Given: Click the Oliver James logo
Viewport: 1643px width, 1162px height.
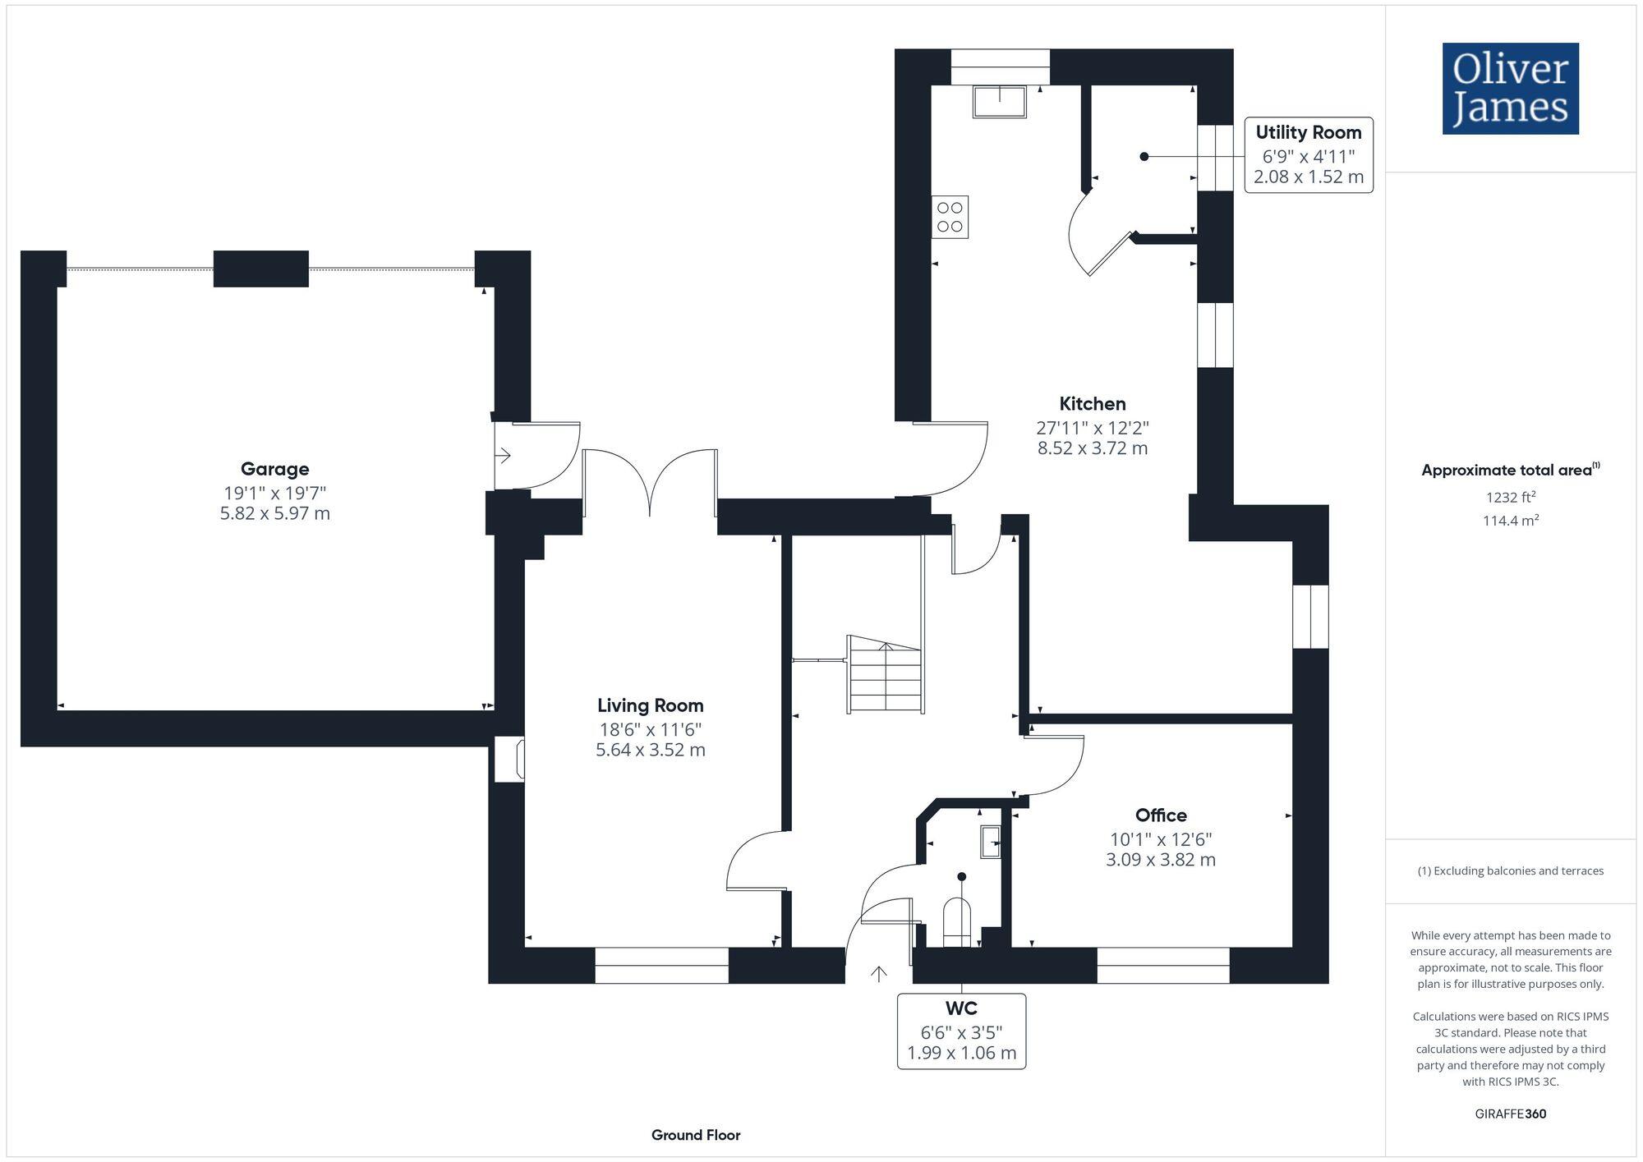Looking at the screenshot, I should coord(1510,89).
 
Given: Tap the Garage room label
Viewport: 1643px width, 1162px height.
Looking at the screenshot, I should coord(274,469).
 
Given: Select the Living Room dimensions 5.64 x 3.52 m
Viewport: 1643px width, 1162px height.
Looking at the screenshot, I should coord(650,750).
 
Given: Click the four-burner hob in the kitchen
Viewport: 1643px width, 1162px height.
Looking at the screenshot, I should coord(950,217).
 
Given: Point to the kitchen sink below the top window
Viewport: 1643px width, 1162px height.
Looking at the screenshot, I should coord(999,102).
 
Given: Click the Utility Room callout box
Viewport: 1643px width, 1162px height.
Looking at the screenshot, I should coord(1308,155).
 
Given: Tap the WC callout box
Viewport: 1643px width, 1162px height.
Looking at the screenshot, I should coord(961,1031).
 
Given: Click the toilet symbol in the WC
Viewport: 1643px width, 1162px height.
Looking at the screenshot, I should coord(957,923).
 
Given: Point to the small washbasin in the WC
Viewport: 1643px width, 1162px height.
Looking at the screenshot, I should coord(990,843).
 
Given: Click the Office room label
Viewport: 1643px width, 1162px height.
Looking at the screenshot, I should coord(1160,815).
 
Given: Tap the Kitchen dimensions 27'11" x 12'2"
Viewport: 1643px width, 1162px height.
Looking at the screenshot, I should coord(1092,428).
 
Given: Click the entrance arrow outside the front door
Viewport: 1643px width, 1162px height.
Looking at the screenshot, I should coord(879,974).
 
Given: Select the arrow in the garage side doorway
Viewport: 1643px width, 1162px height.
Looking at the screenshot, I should coord(504,455).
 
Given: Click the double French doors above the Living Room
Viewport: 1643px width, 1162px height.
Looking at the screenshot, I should coord(650,485).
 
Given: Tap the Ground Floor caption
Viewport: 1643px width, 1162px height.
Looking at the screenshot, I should coord(696,1135).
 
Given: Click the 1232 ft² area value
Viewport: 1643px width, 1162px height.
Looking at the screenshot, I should coord(1510,497).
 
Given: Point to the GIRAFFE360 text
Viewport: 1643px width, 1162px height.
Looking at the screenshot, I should coord(1510,1114).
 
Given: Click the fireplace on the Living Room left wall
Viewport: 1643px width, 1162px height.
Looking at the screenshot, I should coord(510,759).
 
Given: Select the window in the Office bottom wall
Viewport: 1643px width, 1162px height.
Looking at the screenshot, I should coord(1162,965).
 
